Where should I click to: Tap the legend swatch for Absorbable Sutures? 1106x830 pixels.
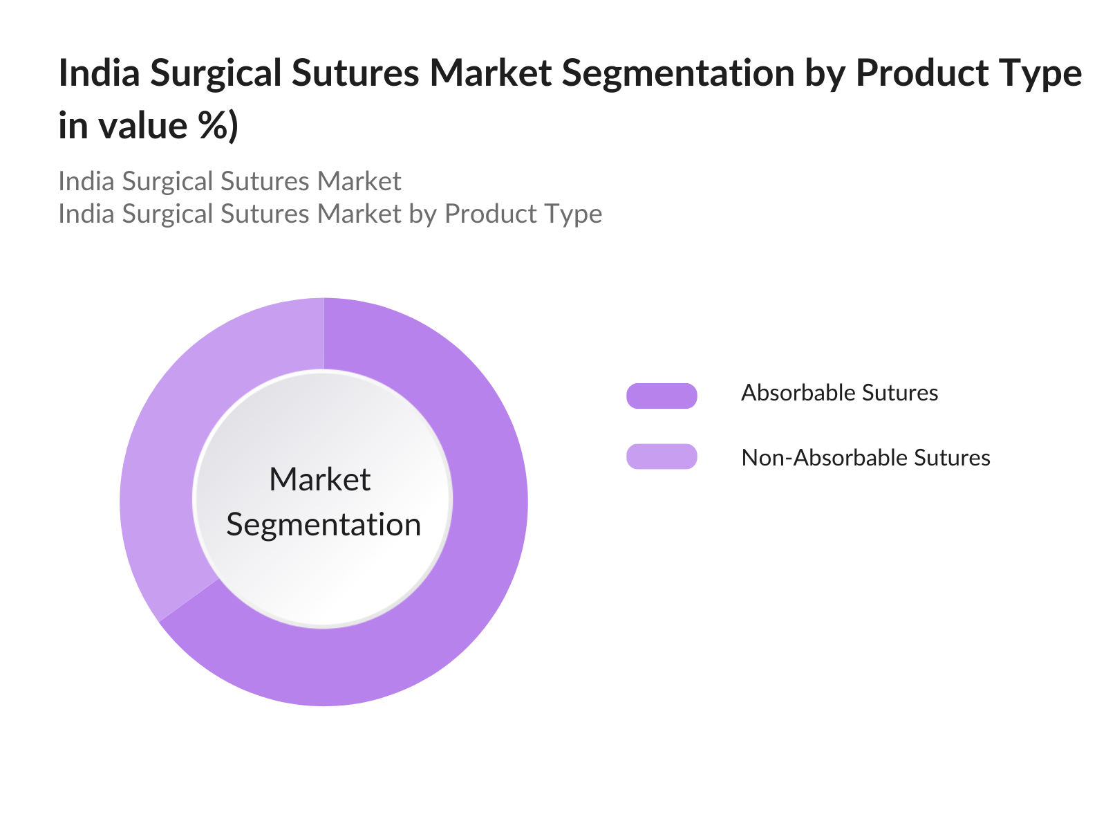click(x=661, y=396)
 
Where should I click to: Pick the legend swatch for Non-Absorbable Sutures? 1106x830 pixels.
click(x=661, y=456)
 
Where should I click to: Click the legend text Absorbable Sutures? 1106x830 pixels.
click(x=839, y=393)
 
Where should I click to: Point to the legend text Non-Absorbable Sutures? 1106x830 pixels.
click(x=865, y=458)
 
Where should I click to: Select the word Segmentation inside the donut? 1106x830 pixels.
click(x=324, y=525)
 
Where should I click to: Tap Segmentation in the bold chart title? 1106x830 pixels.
click(x=677, y=73)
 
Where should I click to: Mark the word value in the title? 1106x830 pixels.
click(x=143, y=124)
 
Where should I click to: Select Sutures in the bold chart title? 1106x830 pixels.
click(x=355, y=73)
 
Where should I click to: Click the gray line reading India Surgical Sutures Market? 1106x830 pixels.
click(x=229, y=181)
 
